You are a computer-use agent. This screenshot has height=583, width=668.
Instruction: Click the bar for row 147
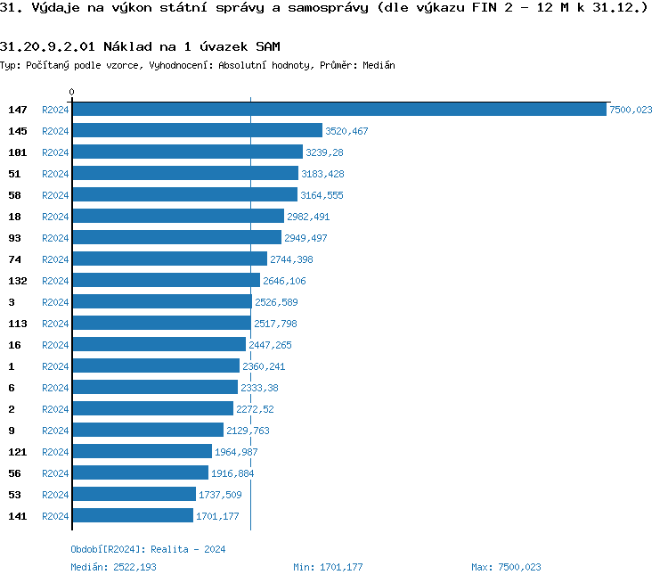pyautogui.click(x=338, y=110)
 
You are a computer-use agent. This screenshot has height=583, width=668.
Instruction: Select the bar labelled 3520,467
pyautogui.click(x=197, y=131)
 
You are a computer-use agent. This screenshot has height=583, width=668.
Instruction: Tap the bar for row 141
pyautogui.click(x=133, y=516)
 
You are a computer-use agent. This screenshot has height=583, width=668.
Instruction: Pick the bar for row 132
pyautogui.click(x=166, y=281)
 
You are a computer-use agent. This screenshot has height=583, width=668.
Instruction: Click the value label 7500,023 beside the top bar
pyautogui.click(x=631, y=110)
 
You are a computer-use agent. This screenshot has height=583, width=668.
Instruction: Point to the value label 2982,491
pyautogui.click(x=308, y=217)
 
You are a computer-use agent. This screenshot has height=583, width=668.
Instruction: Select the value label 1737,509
pyautogui.click(x=220, y=495)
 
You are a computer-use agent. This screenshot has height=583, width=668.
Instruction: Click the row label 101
pyautogui.click(x=18, y=152)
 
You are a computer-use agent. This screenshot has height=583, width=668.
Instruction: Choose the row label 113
pyautogui.click(x=18, y=324)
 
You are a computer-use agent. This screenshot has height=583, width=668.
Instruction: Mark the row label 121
pyautogui.click(x=18, y=452)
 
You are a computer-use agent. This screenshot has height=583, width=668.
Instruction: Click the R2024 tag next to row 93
pyautogui.click(x=55, y=238)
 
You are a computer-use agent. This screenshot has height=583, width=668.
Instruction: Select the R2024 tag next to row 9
pyautogui.click(x=55, y=431)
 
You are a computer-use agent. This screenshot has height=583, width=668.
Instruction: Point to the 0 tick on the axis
pyautogui.click(x=72, y=92)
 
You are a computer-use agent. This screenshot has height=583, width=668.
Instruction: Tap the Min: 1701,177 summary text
pyautogui.click(x=328, y=567)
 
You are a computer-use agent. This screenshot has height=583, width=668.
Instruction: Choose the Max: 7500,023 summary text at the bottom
pyautogui.click(x=506, y=567)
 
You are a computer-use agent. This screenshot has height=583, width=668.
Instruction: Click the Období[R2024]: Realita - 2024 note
pyautogui.click(x=148, y=549)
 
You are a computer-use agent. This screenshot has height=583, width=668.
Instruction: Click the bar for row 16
pyautogui.click(x=159, y=345)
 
